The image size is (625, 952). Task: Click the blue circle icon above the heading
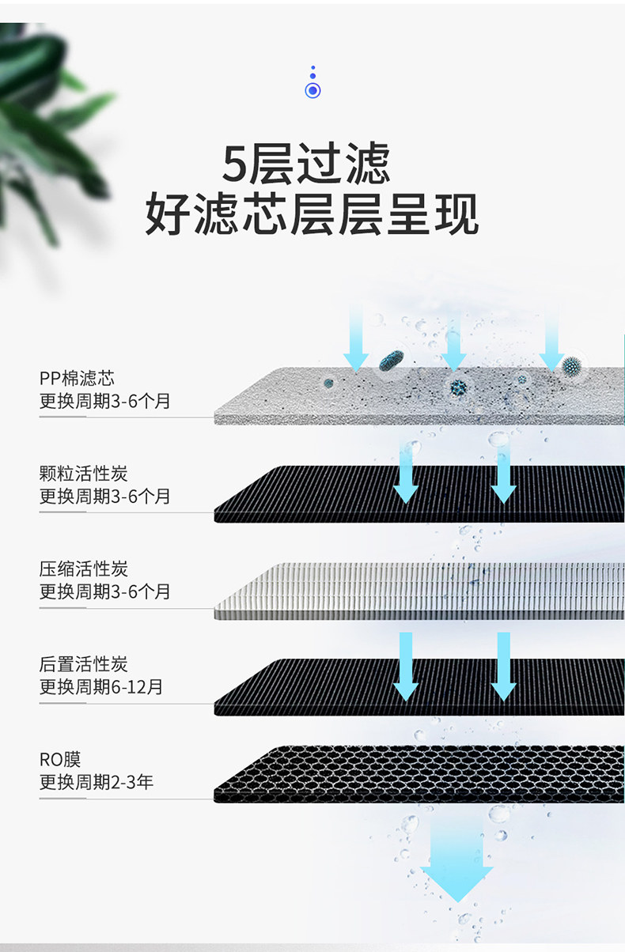point(312,90)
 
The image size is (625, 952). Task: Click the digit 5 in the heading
point(235,164)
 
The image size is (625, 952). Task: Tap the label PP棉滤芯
point(77,378)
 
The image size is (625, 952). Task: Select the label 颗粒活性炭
point(83,474)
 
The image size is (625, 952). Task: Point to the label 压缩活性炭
point(83,569)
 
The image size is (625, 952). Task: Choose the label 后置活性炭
point(83,664)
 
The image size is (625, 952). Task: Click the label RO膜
point(60,760)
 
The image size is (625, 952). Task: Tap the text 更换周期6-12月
point(100,687)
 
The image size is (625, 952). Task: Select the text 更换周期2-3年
point(97,782)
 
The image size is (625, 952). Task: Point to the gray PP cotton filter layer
point(419,396)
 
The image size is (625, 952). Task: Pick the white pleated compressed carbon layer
point(419,591)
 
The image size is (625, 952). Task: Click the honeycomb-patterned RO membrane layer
point(419,774)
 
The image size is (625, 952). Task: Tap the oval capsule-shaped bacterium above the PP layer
point(391,361)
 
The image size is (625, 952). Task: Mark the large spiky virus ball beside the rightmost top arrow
point(571,365)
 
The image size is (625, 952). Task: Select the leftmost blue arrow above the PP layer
point(356,338)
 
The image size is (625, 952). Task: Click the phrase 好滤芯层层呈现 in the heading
point(312,214)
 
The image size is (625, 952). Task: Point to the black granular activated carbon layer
point(419,494)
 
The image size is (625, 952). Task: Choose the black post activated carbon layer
point(419,687)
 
